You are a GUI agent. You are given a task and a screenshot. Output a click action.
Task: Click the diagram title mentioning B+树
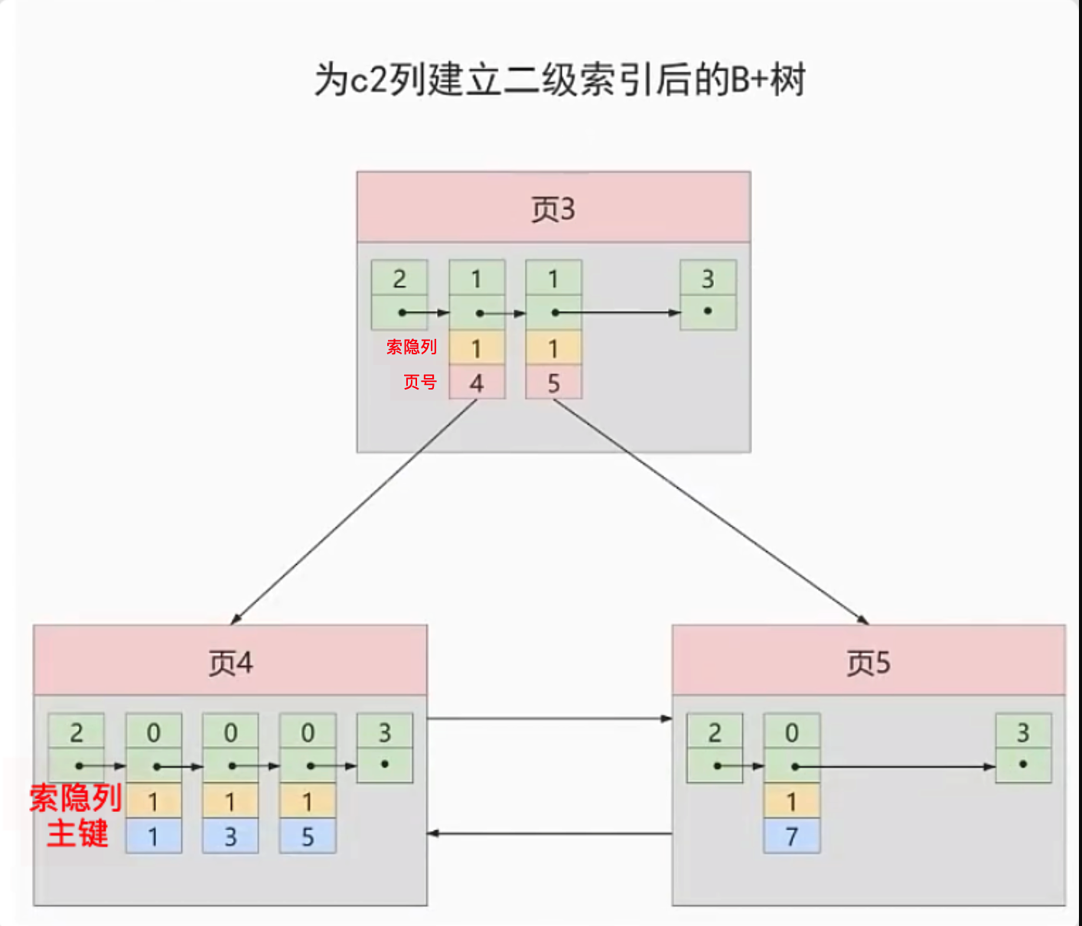click(x=559, y=80)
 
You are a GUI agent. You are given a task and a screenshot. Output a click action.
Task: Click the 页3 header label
click(x=552, y=209)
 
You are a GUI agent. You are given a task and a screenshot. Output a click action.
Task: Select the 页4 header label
click(x=230, y=663)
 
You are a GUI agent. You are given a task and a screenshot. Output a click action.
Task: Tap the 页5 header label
click(x=869, y=663)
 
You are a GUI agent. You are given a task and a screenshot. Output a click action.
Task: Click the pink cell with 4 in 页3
click(x=477, y=383)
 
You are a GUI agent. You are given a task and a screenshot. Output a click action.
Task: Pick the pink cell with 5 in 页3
click(x=553, y=383)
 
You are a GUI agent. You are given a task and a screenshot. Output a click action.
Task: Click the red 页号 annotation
click(x=420, y=382)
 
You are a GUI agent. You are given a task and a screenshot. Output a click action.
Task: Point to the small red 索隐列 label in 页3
click(x=412, y=347)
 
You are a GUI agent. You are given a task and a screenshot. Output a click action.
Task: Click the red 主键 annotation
click(x=77, y=833)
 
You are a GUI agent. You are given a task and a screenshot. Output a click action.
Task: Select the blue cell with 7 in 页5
click(x=792, y=836)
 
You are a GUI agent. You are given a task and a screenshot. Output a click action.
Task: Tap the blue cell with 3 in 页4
click(x=230, y=836)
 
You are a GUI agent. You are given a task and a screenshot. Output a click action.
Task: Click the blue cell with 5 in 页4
click(x=308, y=836)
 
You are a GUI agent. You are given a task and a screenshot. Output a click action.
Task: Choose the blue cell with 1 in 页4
click(x=153, y=836)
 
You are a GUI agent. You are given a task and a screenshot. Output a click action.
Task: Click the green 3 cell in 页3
click(x=708, y=279)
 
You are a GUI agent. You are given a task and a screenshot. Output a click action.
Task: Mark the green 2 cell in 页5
click(x=715, y=732)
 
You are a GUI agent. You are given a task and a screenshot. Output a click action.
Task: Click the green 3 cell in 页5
click(x=1023, y=732)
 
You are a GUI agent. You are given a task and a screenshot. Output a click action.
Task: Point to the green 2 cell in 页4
click(x=77, y=732)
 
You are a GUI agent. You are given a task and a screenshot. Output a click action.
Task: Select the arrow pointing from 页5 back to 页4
click(x=549, y=833)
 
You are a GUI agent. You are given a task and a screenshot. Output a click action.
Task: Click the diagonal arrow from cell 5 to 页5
click(x=712, y=511)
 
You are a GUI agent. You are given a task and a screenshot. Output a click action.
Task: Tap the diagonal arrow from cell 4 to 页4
click(x=354, y=511)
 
